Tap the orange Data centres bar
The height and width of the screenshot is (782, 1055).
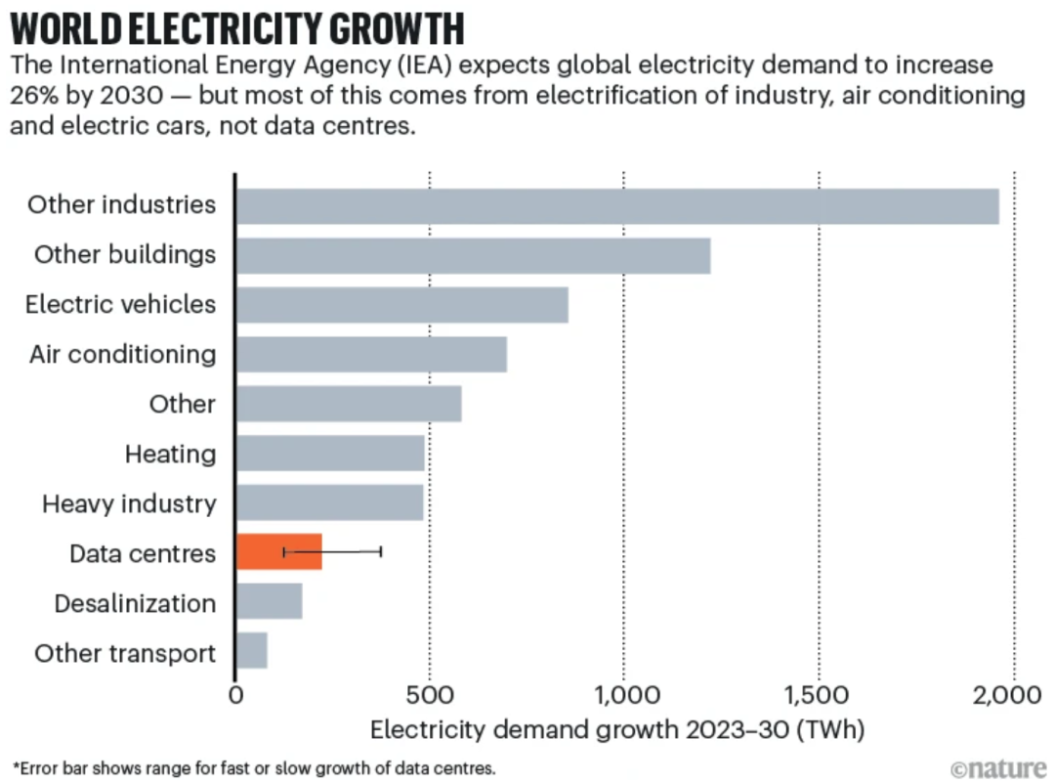point(278,553)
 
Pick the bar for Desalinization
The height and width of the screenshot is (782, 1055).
point(270,602)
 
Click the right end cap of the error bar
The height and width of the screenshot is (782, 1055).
point(381,552)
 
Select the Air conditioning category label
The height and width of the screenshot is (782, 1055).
point(122,354)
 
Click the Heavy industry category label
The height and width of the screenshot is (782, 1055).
point(129,504)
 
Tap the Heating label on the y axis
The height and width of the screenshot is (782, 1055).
point(170,455)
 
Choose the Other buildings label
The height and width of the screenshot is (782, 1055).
point(125,255)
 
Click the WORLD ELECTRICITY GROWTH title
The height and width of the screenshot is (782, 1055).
point(237,29)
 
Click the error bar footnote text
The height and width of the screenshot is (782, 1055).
point(254,767)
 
